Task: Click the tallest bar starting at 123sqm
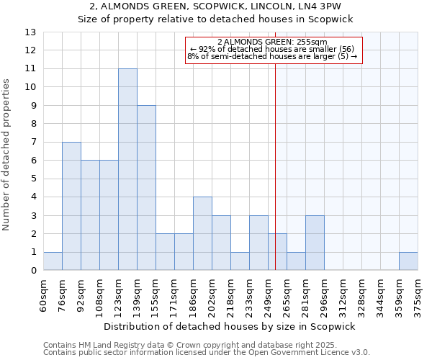(127, 169)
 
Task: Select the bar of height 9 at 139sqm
(146, 188)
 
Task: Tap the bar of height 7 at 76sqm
(71, 206)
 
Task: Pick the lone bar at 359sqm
(408, 261)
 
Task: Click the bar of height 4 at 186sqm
(202, 233)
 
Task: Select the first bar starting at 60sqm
(53, 261)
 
